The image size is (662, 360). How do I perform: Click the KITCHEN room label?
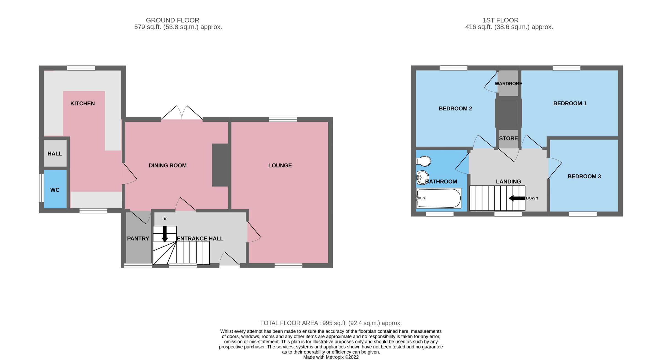tap(82, 103)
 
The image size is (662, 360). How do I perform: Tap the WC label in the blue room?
tap(55, 190)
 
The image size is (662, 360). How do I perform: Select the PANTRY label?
tap(138, 239)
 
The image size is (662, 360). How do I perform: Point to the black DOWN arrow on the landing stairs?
tap(517, 198)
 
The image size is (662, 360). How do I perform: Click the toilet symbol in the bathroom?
tap(424, 161)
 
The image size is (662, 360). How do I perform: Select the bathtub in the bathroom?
tap(439, 198)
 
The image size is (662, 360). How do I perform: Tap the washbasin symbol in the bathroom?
tap(422, 177)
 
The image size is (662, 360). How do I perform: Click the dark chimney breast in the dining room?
tap(220, 165)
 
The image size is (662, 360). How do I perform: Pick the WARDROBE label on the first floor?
tap(508, 84)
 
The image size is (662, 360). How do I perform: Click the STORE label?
tap(508, 138)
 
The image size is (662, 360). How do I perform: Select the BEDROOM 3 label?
tap(584, 177)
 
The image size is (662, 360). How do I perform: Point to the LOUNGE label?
tap(280, 166)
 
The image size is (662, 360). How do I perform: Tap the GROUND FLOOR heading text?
tap(172, 20)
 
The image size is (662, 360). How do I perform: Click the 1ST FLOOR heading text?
tap(500, 20)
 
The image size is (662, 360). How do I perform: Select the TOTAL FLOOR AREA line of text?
tap(331, 323)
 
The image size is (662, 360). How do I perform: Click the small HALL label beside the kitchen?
tap(55, 154)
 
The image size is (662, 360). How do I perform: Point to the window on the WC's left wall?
tap(41, 188)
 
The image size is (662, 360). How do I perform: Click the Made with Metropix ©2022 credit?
tap(331, 357)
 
